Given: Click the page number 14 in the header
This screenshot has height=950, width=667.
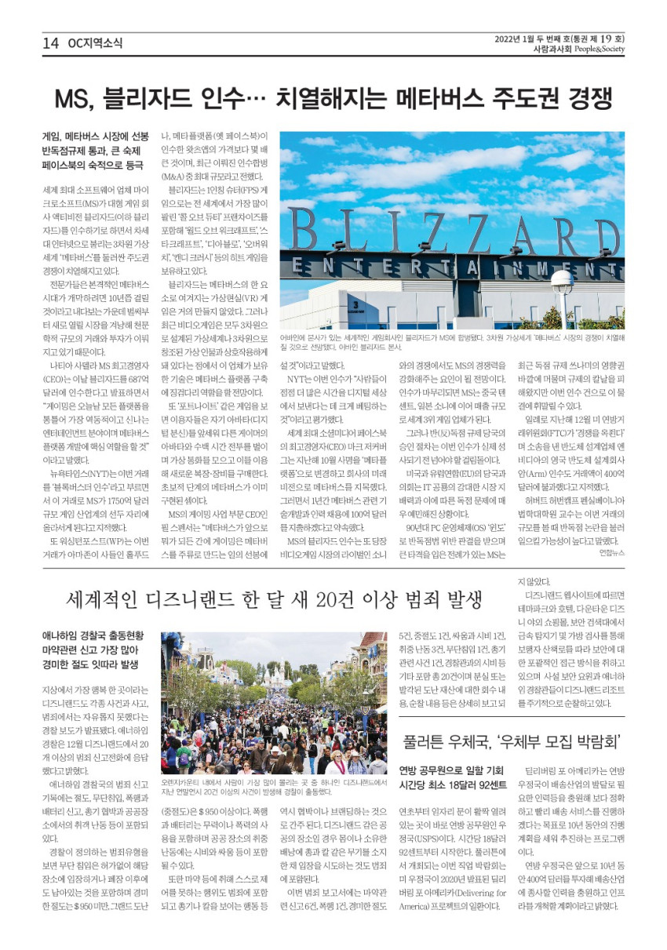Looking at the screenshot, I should tap(51, 44).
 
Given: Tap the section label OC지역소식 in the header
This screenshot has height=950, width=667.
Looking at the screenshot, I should tap(95, 44).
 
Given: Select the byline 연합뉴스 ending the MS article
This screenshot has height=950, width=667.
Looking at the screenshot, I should tap(611, 552).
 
